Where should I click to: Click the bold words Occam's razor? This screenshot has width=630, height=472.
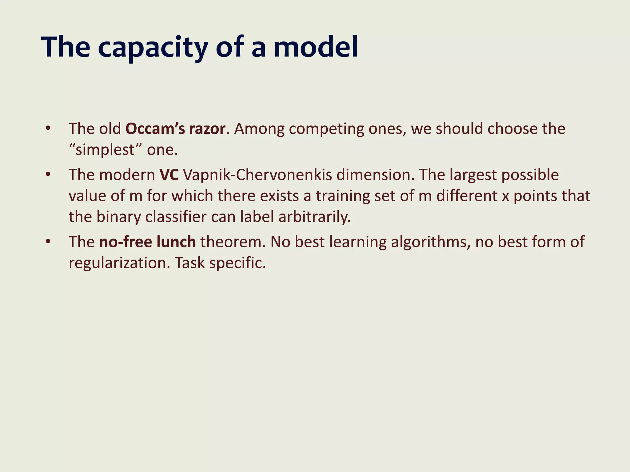point(175,128)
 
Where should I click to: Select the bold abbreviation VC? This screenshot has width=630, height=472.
point(169,175)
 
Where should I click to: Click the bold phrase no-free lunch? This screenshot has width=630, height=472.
point(147,242)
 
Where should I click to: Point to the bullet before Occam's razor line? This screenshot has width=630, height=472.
point(47,128)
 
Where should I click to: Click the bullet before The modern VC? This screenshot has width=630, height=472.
point(47,175)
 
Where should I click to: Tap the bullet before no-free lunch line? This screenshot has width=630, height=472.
point(47,242)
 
